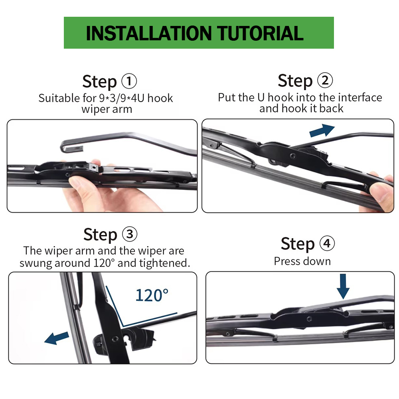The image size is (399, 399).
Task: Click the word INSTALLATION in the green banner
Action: click(x=149, y=33)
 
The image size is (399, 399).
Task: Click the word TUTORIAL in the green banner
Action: click(x=260, y=33)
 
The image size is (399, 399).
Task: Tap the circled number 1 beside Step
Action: click(x=129, y=81)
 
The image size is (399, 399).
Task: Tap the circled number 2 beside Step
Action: click(x=325, y=81)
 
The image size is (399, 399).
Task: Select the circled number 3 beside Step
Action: click(x=130, y=234)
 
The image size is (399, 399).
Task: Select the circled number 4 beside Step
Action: click(x=327, y=243)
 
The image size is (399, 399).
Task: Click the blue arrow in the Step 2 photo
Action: click(x=322, y=130)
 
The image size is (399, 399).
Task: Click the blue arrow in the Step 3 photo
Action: click(x=57, y=338)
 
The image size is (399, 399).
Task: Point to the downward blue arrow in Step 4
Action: click(x=343, y=286)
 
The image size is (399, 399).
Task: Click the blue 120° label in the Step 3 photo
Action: click(x=152, y=295)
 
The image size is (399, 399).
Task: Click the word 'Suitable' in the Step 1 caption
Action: click(x=59, y=98)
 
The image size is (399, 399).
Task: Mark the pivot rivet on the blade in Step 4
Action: click(x=310, y=318)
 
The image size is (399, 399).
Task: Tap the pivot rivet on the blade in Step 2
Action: click(x=293, y=156)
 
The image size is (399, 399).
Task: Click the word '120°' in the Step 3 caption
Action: click(x=104, y=263)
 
